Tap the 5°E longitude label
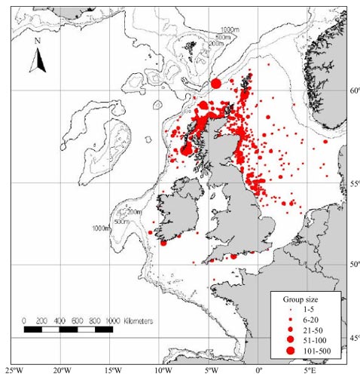pyautogui.click(x=310, y=370)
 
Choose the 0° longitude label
pyautogui.click(x=259, y=370)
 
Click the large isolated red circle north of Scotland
pyautogui.click(x=216, y=84)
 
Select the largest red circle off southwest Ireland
pyautogui.click(x=163, y=242)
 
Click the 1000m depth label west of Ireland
pyautogui.click(x=102, y=228)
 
